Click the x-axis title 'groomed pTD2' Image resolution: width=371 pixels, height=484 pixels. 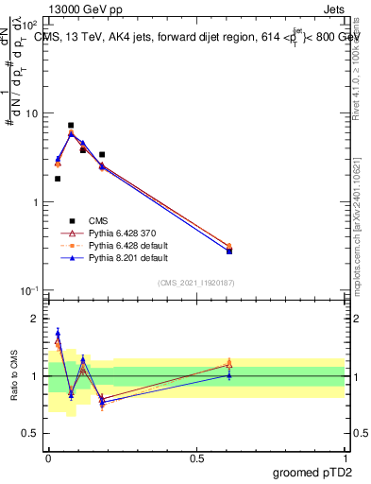(x=313, y=472)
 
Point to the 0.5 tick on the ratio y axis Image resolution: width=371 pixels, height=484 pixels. (x=33, y=433)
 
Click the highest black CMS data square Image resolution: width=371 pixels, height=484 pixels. (x=71, y=125)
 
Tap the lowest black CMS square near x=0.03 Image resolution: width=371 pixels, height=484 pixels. (x=58, y=179)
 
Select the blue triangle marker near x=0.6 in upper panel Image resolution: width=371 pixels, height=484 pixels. (x=229, y=251)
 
